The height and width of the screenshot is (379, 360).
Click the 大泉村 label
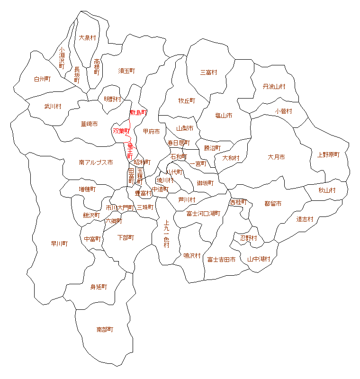[x=88, y=37]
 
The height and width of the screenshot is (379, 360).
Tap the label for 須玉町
[x=126, y=71]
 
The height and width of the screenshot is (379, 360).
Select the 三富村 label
[x=208, y=72]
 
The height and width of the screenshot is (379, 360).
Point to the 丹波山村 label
[x=274, y=87]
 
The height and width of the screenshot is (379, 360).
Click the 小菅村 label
[x=283, y=111]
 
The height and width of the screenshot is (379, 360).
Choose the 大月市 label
[x=276, y=157]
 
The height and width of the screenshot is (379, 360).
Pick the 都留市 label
[x=273, y=204]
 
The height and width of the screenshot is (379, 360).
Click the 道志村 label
[x=305, y=219]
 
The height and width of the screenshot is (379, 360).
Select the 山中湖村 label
[x=259, y=259]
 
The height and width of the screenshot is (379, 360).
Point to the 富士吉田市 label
[x=221, y=259]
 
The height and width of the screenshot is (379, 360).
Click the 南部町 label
[x=105, y=329]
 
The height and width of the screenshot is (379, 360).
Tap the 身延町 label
[x=99, y=287]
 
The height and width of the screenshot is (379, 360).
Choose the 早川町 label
[x=60, y=244]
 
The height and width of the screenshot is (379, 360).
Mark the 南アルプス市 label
[x=96, y=162]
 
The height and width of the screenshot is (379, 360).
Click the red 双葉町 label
[x=121, y=131]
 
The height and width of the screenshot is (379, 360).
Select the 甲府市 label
[x=151, y=131]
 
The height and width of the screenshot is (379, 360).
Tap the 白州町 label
[x=42, y=79]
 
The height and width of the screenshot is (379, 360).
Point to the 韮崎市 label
[x=89, y=124]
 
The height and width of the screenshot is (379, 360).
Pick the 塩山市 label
[x=224, y=115]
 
